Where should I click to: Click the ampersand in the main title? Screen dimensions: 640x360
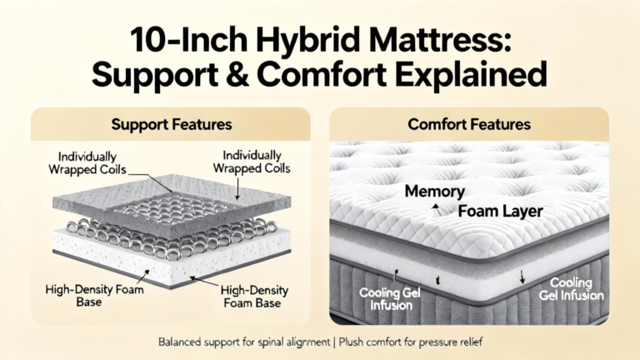(x=237, y=74)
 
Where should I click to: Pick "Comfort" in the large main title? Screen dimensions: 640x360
(x=322, y=74)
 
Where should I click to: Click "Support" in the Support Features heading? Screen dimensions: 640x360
(x=139, y=125)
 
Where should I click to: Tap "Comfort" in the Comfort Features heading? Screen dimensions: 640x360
(x=437, y=124)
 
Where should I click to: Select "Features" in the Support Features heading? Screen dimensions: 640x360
(x=202, y=124)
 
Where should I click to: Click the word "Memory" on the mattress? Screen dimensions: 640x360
(x=435, y=192)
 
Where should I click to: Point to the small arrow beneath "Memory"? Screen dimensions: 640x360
(x=437, y=209)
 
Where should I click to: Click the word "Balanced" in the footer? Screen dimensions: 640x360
(x=178, y=342)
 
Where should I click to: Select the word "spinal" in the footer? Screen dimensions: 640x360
(x=270, y=342)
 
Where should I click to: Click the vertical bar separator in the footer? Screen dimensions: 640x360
(x=334, y=342)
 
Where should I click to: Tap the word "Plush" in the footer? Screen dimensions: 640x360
(x=351, y=342)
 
